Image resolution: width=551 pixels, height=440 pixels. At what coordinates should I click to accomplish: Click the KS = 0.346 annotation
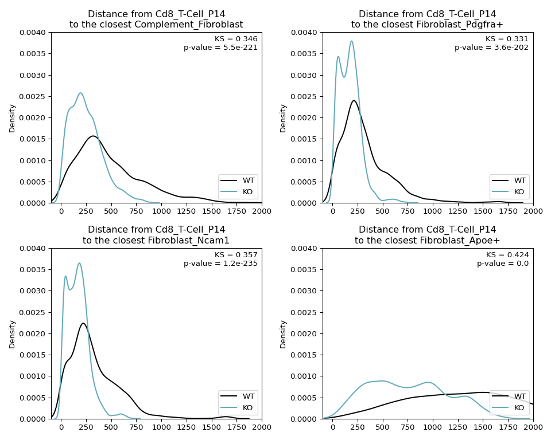pos(236,39)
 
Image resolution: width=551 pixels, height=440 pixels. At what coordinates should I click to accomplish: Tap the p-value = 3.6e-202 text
pos(491,48)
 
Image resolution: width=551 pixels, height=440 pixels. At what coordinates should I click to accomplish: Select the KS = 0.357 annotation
pos(236,255)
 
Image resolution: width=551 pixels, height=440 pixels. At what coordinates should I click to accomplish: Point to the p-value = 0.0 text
pos(503,264)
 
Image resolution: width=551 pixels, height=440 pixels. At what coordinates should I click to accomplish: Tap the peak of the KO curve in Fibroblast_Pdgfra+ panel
pos(351,41)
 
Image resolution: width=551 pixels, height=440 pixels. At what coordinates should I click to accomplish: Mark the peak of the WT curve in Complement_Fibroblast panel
pos(93,136)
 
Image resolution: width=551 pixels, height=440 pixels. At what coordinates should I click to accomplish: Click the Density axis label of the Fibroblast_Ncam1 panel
pos(13,334)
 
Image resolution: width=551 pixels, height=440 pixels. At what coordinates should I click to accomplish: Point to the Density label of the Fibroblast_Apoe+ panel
pos(283,334)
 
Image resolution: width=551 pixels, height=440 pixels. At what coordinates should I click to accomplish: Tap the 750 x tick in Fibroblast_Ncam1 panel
pos(136,427)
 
